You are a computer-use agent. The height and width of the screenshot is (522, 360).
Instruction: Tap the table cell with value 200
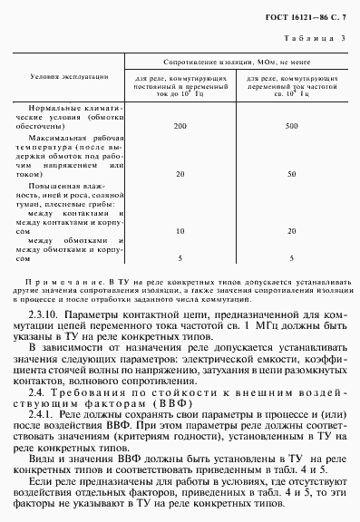(x=180, y=125)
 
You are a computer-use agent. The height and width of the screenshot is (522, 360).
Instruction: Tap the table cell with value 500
(x=290, y=125)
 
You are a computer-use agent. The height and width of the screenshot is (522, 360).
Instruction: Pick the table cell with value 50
(x=290, y=172)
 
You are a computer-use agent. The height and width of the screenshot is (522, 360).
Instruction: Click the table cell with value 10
(x=180, y=231)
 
